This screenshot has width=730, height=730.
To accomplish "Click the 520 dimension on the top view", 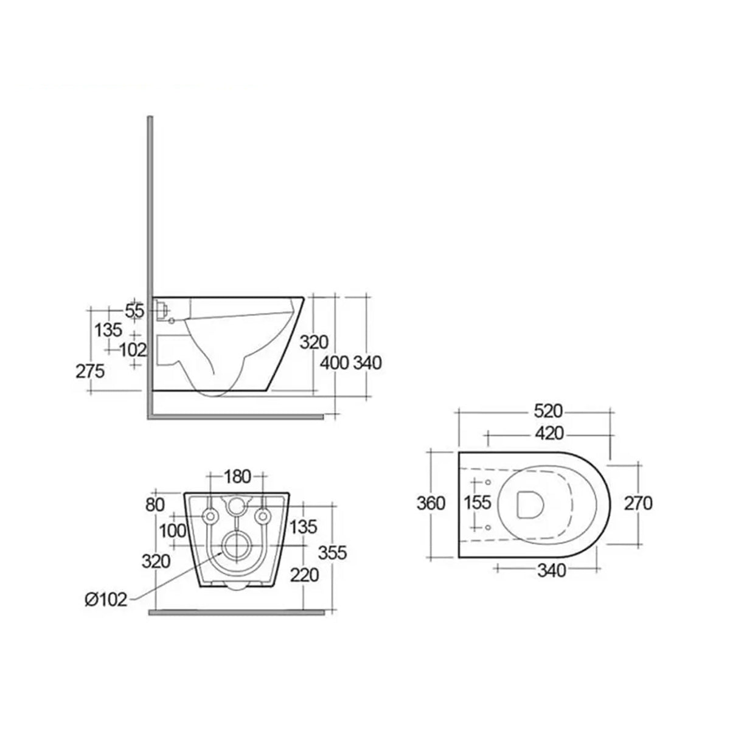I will point(547,412).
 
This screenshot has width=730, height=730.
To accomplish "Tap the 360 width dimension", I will point(431,504).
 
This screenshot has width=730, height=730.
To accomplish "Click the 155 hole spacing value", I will point(477,504).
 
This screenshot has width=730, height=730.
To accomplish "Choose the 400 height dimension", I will point(335,363).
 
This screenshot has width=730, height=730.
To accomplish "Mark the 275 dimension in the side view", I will point(91,370).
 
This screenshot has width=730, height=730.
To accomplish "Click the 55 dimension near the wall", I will point(134,311).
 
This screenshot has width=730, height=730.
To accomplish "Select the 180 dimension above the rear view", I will point(237,476).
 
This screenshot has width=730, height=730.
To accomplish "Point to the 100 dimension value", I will point(172,530).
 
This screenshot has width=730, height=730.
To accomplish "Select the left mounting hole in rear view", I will point(211,516).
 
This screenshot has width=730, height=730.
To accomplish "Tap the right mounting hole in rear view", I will point(263,516).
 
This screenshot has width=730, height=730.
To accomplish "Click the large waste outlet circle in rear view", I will point(237,546).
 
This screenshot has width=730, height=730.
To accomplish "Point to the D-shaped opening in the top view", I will point(529,504).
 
